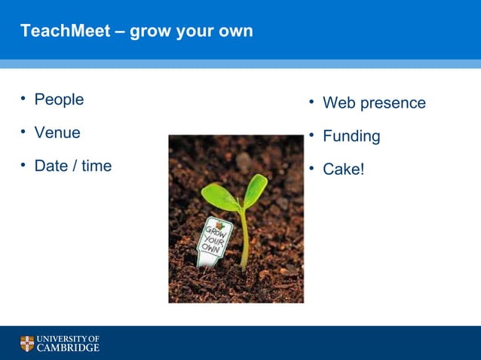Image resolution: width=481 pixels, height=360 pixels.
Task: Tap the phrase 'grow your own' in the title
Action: coord(191,32)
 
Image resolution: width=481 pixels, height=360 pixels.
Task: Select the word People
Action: coord(59,99)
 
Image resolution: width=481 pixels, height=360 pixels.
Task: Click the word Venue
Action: coord(57,133)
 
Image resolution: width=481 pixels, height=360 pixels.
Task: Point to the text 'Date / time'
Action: coord(73,166)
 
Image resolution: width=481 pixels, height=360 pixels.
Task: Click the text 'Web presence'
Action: coord(374,103)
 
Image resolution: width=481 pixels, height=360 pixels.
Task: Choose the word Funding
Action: coord(351,136)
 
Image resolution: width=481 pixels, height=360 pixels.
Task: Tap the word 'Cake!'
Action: coord(343,169)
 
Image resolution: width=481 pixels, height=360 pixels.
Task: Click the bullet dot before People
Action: coord(23,99)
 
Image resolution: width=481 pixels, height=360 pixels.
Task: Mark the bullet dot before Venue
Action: coord(23,132)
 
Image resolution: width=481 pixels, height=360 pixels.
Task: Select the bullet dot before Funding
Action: coord(311,135)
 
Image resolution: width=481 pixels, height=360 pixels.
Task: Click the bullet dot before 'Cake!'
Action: coord(311,168)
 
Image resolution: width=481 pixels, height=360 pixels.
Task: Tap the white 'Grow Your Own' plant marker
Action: coord(214,240)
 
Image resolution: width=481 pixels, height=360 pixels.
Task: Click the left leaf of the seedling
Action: coord(219,197)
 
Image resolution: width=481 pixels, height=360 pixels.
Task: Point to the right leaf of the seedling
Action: coord(256,190)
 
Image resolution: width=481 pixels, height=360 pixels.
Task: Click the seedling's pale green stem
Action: coord(244,241)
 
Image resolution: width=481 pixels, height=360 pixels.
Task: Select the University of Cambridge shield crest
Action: coord(27,343)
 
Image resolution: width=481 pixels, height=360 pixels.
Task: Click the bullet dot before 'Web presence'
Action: coord(311,102)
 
